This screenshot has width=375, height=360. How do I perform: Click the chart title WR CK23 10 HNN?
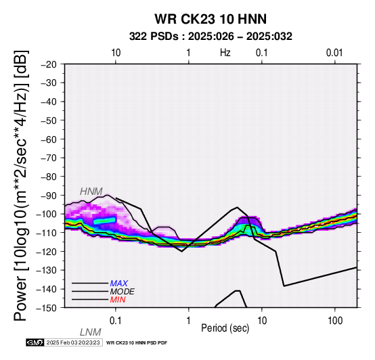211,19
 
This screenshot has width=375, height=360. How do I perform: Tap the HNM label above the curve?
91,192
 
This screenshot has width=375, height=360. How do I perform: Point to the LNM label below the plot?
91,332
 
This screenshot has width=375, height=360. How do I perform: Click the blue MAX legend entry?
119,284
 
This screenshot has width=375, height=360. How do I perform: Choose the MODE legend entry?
123,292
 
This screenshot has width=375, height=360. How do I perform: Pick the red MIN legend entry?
118,300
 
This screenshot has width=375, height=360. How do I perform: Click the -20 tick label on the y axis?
49,64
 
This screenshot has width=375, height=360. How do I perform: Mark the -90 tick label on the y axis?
49,196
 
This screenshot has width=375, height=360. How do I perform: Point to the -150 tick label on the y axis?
47,308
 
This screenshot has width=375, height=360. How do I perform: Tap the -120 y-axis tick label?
47,252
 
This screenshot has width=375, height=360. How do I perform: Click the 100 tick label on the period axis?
335,321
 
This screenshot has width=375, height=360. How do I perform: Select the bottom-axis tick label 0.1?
116,321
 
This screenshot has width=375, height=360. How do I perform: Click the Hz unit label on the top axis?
225,53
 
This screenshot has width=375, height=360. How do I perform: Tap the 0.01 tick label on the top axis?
334,53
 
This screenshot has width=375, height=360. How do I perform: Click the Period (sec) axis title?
225,328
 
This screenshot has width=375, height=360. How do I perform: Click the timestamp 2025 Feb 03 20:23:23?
73,342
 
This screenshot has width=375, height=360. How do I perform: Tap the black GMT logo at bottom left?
35,342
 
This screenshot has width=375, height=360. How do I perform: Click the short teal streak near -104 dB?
104,221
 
